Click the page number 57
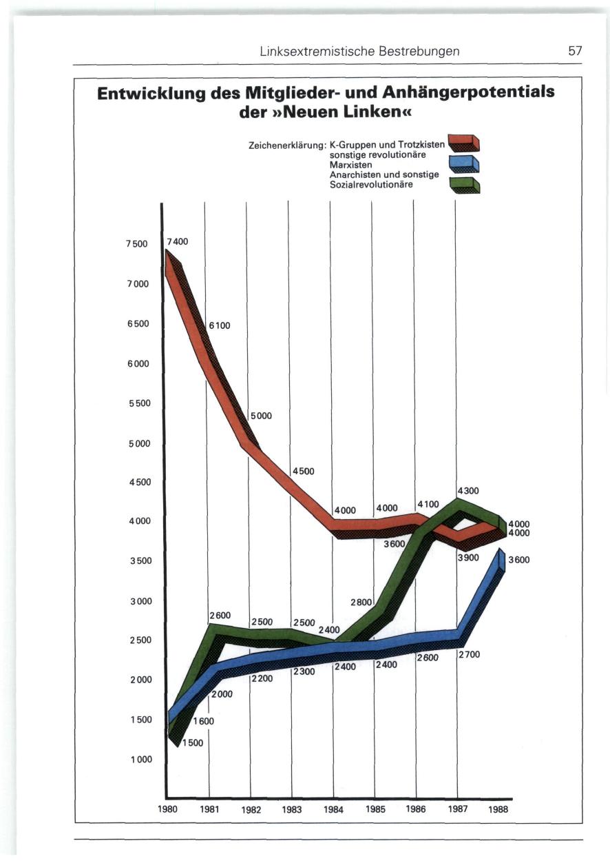coord(575,51)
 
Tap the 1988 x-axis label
coord(497,810)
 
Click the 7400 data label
coord(176,242)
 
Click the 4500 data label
coord(303,472)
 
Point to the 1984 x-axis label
coord(333,810)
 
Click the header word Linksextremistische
coord(308,51)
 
